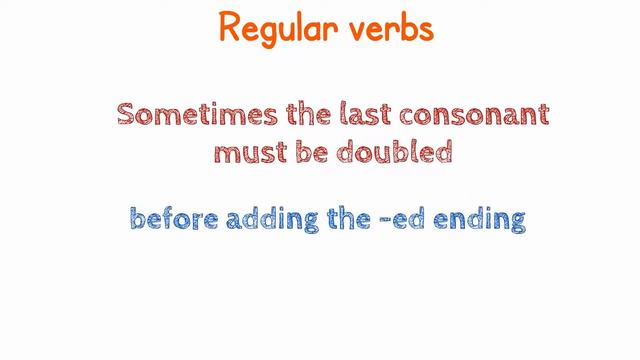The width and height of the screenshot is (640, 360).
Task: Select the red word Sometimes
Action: [191, 113]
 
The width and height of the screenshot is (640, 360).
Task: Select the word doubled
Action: [395, 152]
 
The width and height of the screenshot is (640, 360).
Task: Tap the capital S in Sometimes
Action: [127, 113]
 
